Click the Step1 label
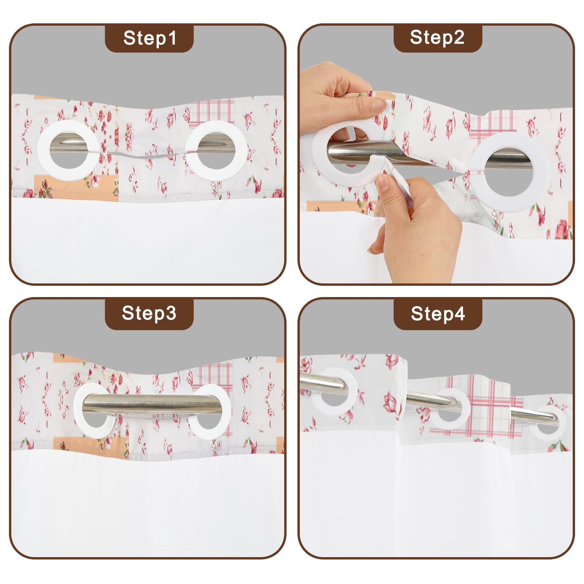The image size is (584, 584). [150, 38]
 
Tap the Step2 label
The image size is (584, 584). [438, 38]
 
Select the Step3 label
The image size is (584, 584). [150, 313]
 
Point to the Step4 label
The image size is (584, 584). [438, 313]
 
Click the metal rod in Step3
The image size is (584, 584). [152, 403]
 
